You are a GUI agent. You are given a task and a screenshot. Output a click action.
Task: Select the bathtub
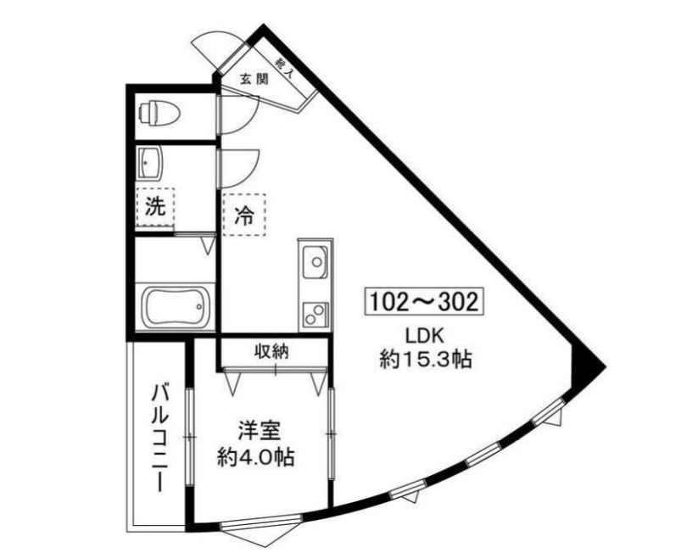pyautogui.click(x=176, y=306)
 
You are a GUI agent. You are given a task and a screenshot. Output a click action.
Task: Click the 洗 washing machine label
pyautogui.click(x=154, y=207)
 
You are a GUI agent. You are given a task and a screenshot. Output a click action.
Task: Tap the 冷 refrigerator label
pyautogui.click(x=243, y=215)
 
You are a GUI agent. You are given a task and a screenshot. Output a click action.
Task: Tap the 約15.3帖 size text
pyautogui.click(x=425, y=360)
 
